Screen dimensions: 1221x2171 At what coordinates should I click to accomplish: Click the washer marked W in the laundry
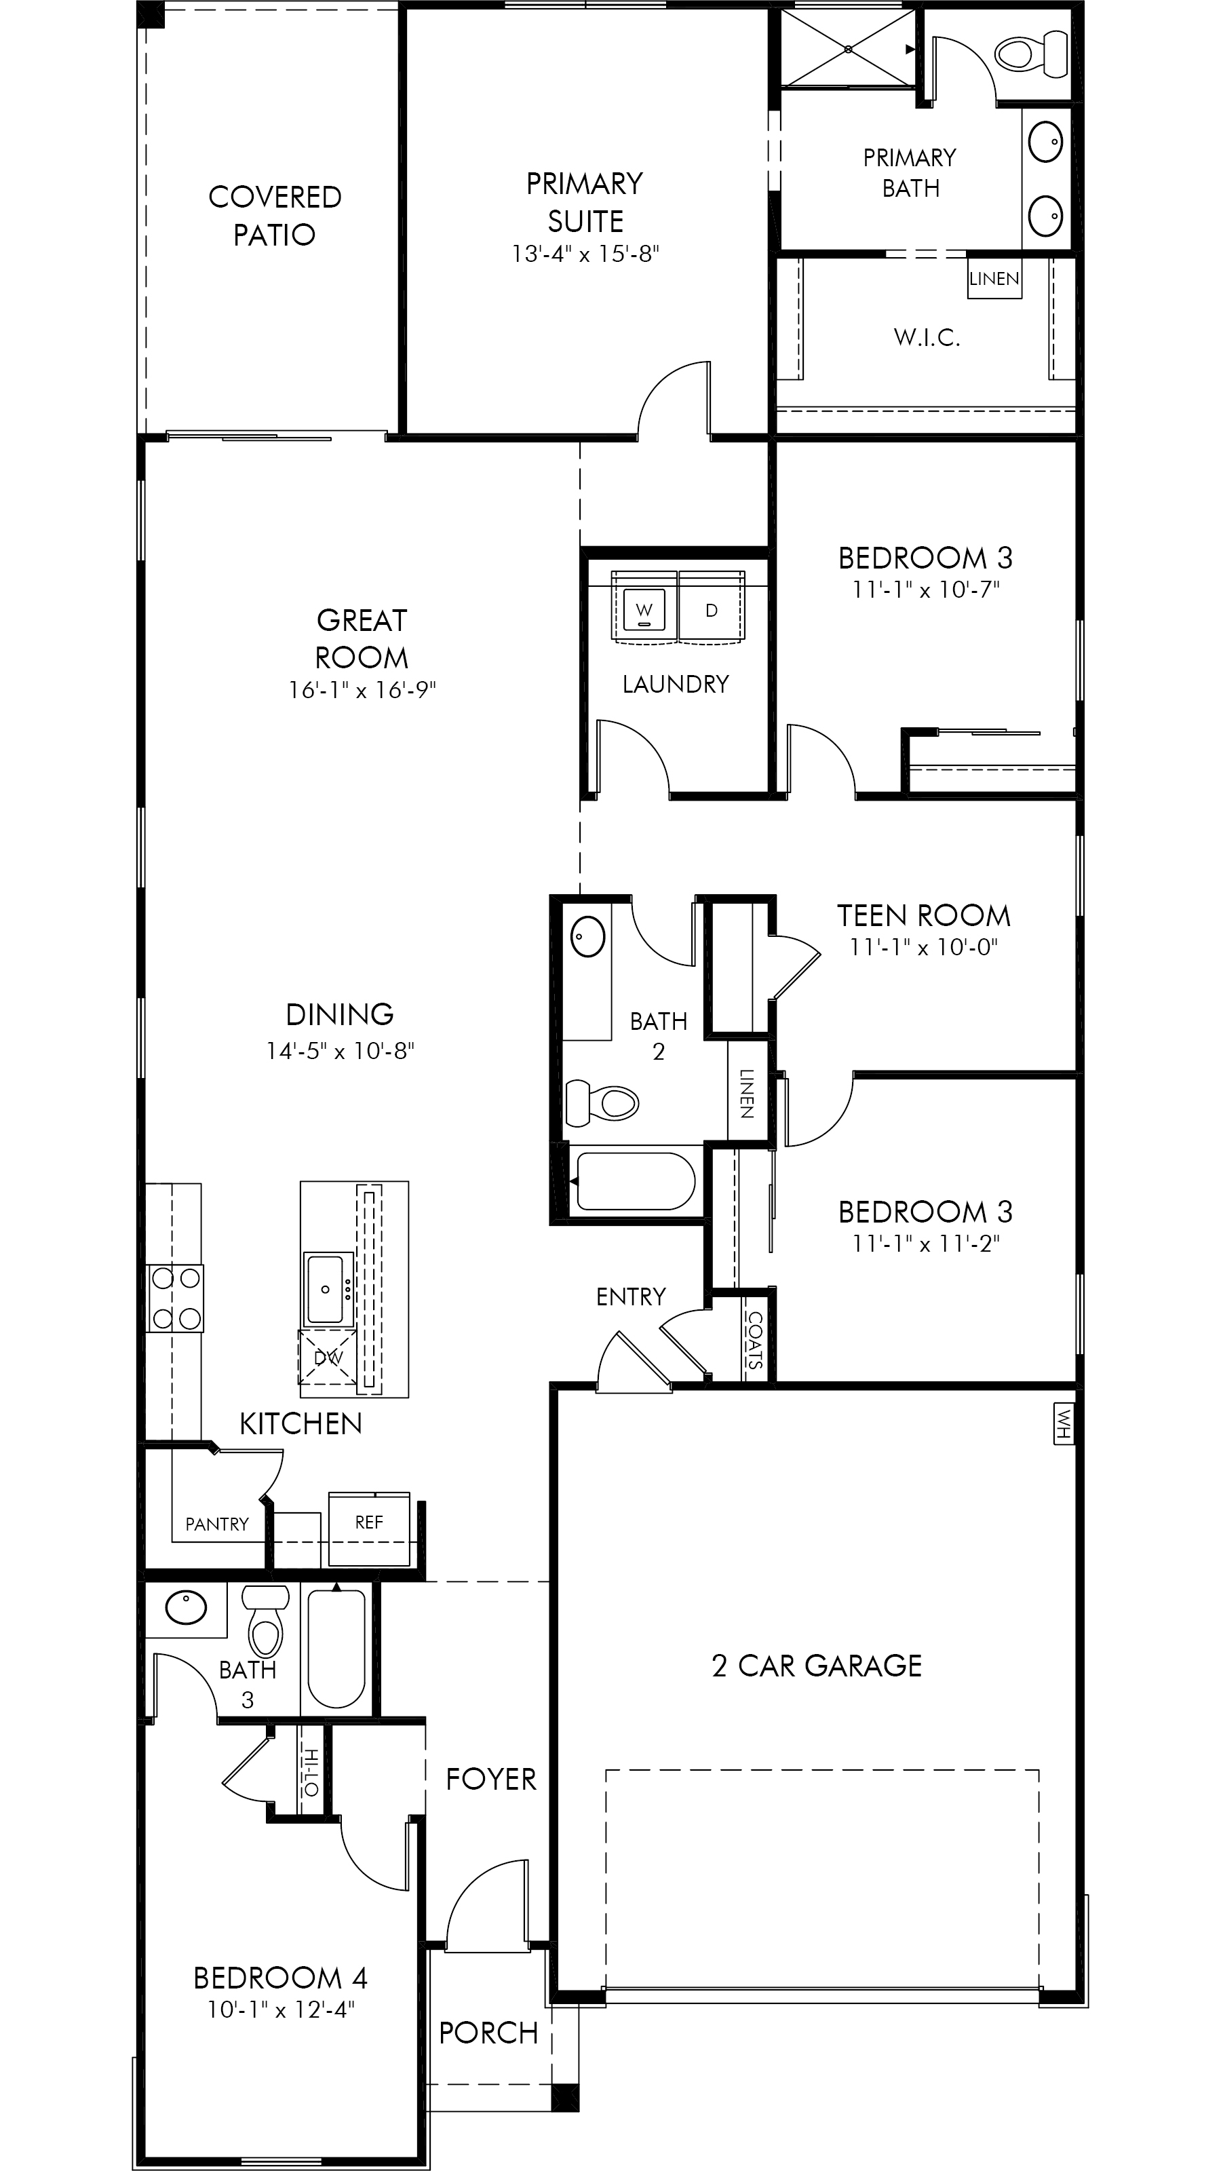pyautogui.click(x=644, y=608)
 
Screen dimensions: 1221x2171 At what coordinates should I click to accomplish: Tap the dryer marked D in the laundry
pyautogui.click(x=711, y=608)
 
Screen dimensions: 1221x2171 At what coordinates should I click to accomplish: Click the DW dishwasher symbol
pyautogui.click(x=328, y=1358)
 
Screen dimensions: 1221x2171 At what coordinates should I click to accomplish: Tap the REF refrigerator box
pyautogui.click(x=368, y=1522)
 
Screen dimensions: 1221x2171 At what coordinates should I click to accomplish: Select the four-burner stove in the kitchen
pyautogui.click(x=175, y=1298)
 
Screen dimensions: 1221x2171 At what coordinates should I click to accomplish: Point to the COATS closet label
pyautogui.click(x=754, y=1340)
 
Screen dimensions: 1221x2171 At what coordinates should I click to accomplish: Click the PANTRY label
pyautogui.click(x=216, y=1524)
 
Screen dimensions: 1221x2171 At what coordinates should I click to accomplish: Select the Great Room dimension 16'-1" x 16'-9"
pyautogui.click(x=362, y=690)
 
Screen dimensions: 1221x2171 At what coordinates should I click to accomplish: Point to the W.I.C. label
pyautogui.click(x=927, y=338)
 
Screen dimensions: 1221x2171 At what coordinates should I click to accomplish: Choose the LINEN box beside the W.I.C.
pyautogui.click(x=994, y=279)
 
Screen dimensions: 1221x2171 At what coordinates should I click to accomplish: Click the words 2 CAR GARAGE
pyautogui.click(x=817, y=1666)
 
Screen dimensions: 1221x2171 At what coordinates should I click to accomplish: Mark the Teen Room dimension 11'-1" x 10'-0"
pyautogui.click(x=923, y=947)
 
